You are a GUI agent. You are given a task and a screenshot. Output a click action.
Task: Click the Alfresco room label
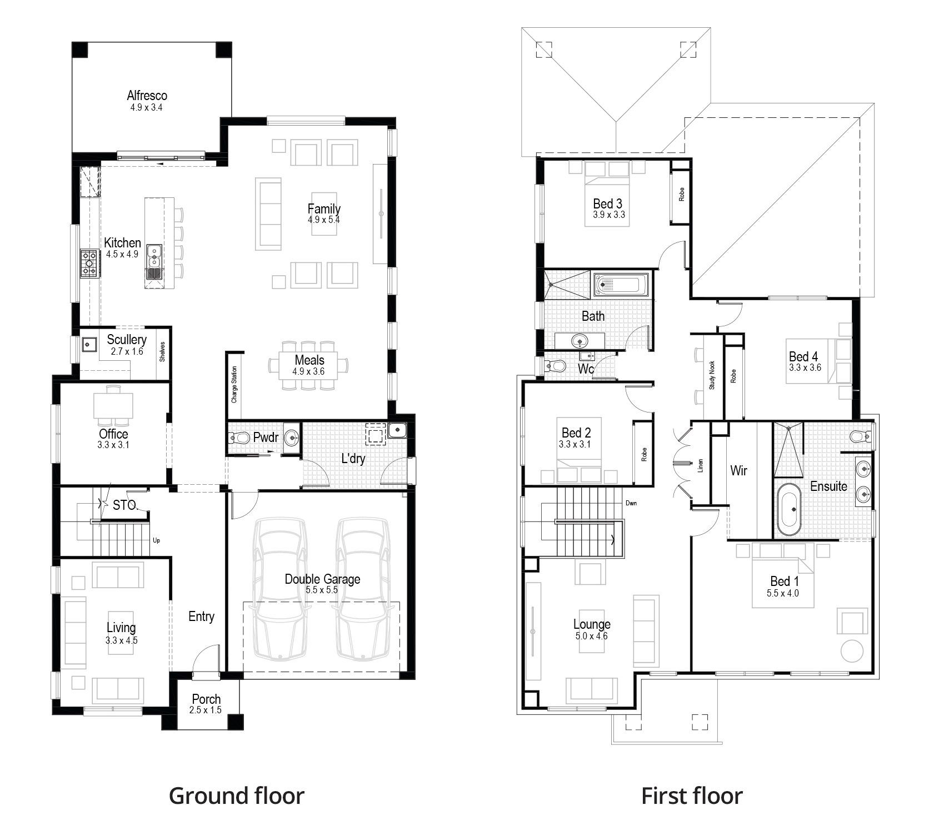tap(147, 96)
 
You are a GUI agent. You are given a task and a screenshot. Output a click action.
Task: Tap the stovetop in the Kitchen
tap(89, 264)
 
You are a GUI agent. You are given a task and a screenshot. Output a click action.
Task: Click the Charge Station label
tap(234, 384)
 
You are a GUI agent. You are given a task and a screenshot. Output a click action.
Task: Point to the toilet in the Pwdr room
tap(239, 438)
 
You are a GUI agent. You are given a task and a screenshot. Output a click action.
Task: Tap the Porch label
tap(206, 699)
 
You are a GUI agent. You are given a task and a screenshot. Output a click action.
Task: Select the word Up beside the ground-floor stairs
tap(156, 540)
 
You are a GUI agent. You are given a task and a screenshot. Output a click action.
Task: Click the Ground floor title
tap(237, 796)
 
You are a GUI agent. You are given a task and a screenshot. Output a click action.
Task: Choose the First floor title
tap(692, 796)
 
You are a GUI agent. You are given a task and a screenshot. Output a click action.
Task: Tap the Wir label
tap(738, 471)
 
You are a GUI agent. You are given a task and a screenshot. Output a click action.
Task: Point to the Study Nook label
tap(712, 375)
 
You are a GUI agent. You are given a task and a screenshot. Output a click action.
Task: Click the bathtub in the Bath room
tap(618, 286)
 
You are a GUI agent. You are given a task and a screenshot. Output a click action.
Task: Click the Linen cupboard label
tap(701, 465)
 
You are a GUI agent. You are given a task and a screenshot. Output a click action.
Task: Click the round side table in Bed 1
tap(852, 650)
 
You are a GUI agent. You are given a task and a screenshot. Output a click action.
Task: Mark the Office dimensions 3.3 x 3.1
tap(113, 444)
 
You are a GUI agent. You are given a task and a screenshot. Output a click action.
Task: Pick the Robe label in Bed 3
tap(681, 194)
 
